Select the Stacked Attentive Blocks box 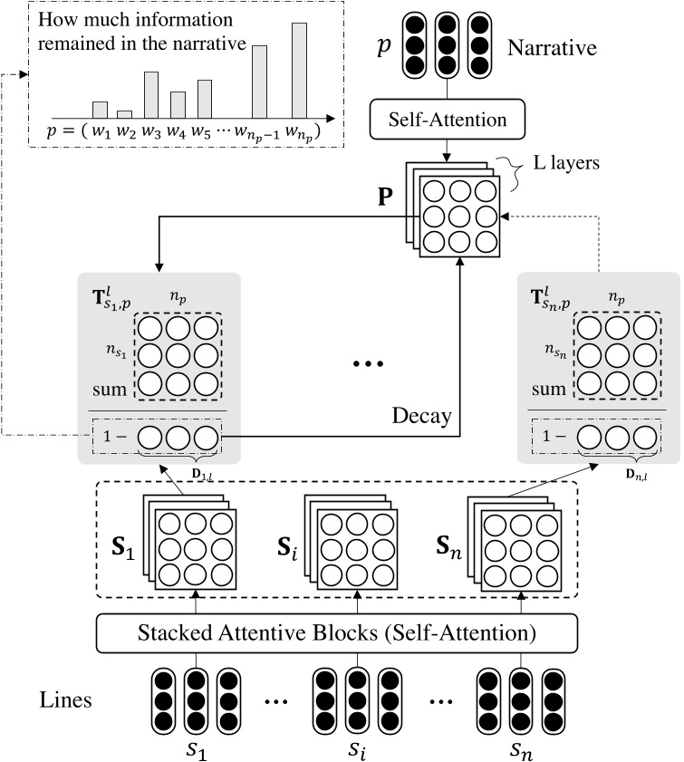[x=350, y=632]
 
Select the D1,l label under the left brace [x=193, y=470]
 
